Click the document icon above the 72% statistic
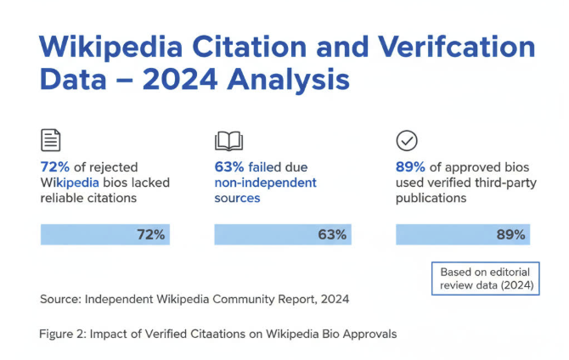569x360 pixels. pyautogui.click(x=51, y=140)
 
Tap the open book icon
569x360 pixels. pyautogui.click(x=228, y=140)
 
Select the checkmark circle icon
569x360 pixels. pyautogui.click(x=407, y=140)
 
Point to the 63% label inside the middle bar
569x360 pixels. pyautogui.click(x=332, y=234)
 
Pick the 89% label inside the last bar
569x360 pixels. pyautogui.click(x=510, y=234)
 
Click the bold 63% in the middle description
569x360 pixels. pyautogui.click(x=229, y=167)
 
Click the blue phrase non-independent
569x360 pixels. pyautogui.click(x=265, y=183)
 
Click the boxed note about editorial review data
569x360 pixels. pyautogui.click(x=487, y=278)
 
